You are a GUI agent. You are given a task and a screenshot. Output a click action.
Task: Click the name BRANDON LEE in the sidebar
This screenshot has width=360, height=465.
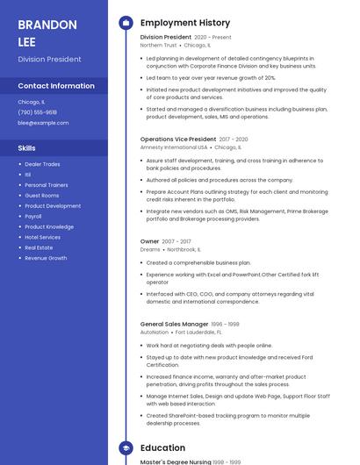coord(47,32)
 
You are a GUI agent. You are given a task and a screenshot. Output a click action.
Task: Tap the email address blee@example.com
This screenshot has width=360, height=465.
coord(43,123)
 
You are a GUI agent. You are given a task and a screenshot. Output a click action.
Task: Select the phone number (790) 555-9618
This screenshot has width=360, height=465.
coord(37,112)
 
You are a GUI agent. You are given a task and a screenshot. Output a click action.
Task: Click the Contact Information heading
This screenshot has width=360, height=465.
coord(56,86)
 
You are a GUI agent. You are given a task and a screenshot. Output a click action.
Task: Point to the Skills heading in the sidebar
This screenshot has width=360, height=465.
coord(27,148)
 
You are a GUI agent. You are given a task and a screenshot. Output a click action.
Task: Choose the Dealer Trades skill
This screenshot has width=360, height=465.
coord(42,164)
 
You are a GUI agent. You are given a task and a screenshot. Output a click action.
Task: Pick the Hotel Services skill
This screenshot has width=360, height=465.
coord(42,237)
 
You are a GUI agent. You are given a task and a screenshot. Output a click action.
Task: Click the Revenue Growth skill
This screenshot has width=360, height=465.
coord(46,258)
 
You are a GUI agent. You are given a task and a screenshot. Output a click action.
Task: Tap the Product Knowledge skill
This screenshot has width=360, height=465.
coord(49,226)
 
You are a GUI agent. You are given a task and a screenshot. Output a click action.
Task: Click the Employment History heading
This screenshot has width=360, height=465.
coord(185,23)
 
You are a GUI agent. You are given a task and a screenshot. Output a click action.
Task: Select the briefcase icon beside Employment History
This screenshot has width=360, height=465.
coord(126,23)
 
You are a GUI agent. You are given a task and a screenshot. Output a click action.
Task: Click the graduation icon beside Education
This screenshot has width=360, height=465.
coord(126,448)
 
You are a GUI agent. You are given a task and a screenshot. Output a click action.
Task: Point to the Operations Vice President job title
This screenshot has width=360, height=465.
coord(178,139)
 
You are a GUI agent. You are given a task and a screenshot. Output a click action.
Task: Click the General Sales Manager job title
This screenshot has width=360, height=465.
coord(175,324)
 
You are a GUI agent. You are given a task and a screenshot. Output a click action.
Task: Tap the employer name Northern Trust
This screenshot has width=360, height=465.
coord(158,45)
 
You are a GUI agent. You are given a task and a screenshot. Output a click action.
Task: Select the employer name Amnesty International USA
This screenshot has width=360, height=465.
coord(174,147)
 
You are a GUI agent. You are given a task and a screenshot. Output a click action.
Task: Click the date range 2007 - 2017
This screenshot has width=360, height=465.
coord(176,241)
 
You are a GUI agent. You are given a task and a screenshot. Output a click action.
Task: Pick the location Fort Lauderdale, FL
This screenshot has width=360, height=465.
coord(198,333)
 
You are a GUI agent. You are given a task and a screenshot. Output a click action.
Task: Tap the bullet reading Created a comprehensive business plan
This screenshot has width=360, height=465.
coord(198,262)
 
